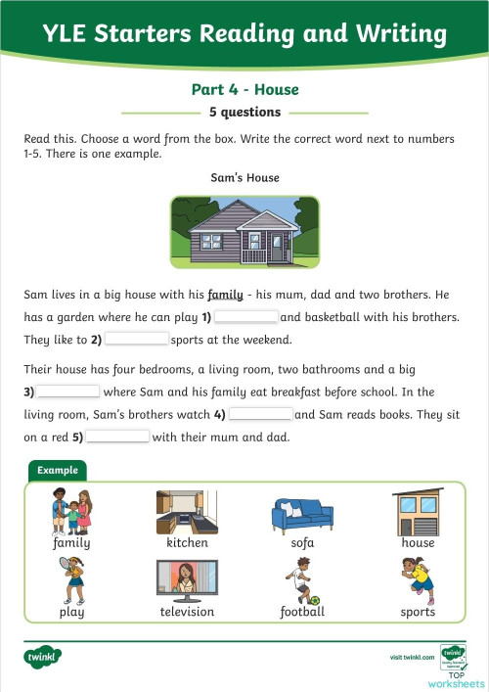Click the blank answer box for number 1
[246, 316]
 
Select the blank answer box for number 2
[137, 339]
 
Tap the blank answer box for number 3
[68, 391]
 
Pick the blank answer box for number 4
[260, 413]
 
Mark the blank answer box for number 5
[117, 437]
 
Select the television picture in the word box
[187, 581]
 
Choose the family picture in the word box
[71, 511]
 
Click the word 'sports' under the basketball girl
[418, 612]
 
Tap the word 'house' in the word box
[418, 542]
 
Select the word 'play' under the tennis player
[71, 612]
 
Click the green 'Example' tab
[58, 471]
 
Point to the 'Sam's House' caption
[244, 178]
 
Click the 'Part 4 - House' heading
[244, 90]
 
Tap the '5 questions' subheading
[244, 112]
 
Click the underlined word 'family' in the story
[225, 294]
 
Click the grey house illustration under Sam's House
[244, 232]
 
